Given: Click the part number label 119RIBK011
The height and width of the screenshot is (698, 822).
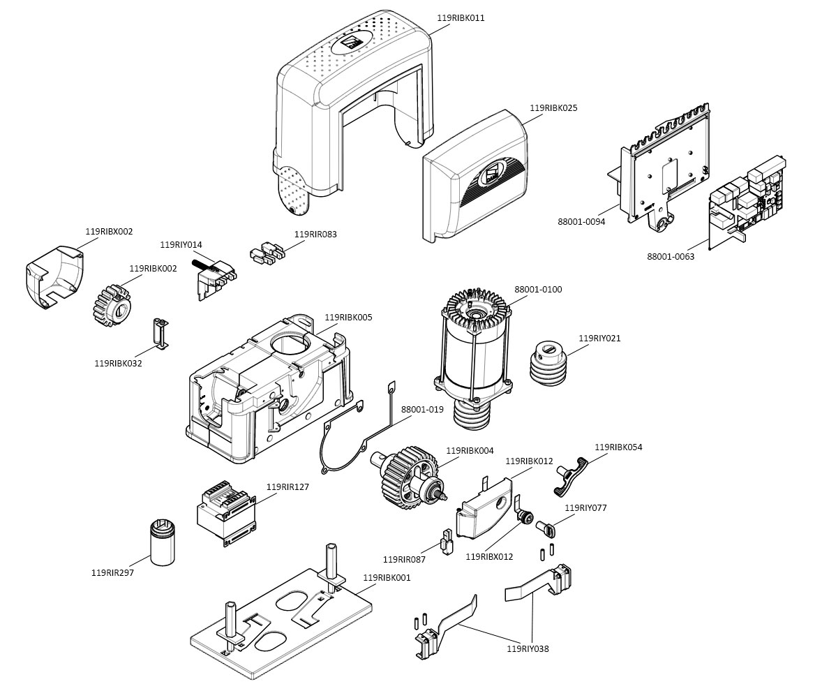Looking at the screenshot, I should click(x=461, y=18).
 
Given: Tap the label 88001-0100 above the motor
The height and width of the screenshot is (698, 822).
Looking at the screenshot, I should click(x=538, y=290).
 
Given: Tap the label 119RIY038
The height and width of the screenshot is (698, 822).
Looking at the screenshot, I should click(x=528, y=649).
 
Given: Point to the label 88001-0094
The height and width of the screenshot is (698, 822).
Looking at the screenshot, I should click(x=581, y=222).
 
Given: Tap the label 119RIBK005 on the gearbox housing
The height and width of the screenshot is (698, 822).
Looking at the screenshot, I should click(x=348, y=318).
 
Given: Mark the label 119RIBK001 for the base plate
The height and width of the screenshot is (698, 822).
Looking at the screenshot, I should click(x=387, y=578).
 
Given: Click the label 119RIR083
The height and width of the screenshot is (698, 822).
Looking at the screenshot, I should click(x=315, y=235).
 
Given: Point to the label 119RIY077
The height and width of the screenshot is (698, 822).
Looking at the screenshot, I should click(x=585, y=508).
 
